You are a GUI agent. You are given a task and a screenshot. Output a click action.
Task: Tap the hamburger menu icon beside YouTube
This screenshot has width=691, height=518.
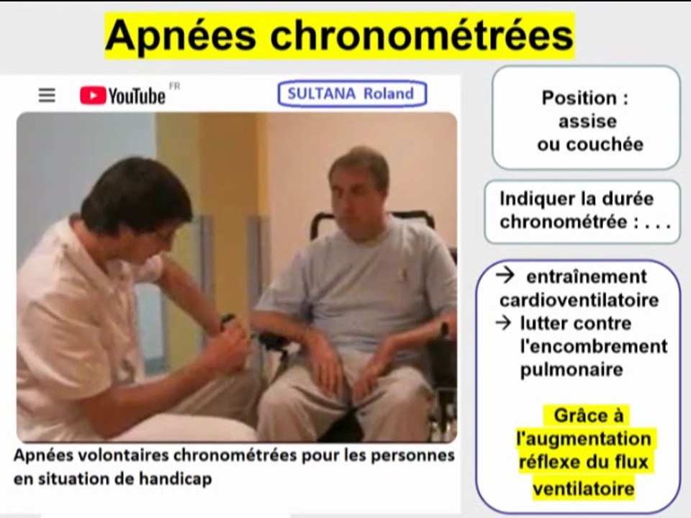[x=47, y=96]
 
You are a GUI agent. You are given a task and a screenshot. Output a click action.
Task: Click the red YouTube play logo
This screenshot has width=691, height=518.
[x=93, y=96]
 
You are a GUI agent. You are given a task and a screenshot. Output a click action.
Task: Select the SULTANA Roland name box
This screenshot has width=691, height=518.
[x=351, y=94]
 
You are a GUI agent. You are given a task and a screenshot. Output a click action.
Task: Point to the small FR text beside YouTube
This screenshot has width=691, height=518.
[x=174, y=86]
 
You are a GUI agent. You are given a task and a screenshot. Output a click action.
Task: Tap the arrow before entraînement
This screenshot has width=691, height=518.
[x=505, y=276]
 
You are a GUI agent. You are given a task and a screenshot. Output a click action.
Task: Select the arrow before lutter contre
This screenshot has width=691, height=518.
[x=505, y=323]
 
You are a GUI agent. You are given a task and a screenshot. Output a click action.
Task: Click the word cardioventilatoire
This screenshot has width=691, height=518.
[x=579, y=300]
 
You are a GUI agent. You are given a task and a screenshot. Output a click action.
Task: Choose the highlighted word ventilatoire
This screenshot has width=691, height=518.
[x=584, y=489]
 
